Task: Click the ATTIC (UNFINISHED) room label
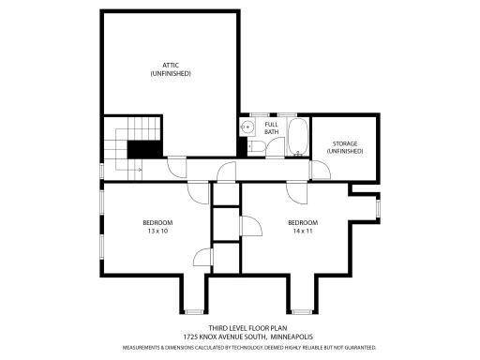pyautogui.click(x=171, y=68)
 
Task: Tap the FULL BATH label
pyautogui.click(x=271, y=128)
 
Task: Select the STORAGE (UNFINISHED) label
pyautogui.click(x=344, y=147)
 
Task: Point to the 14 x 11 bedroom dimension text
pyautogui.click(x=303, y=231)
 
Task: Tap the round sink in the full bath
pyautogui.click(x=247, y=127)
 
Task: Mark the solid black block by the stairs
pyautogui.click(x=142, y=148)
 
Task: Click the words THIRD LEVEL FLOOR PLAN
pyautogui.click(x=240, y=328)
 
